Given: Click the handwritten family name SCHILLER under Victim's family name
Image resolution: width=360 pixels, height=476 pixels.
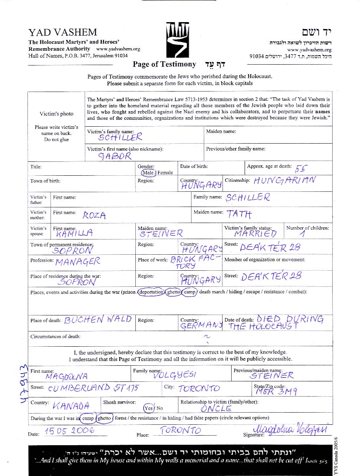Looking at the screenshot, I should (x=120, y=138).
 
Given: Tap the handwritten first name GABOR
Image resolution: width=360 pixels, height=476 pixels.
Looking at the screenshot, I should (x=115, y=157).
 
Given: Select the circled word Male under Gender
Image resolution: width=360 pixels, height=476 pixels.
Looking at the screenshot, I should (x=148, y=172).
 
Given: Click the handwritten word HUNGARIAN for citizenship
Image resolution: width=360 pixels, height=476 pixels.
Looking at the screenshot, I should (x=285, y=180).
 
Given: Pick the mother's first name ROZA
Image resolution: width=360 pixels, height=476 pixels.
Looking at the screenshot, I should (x=94, y=215).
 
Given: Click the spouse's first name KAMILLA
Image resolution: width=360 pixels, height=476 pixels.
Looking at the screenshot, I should (x=74, y=233).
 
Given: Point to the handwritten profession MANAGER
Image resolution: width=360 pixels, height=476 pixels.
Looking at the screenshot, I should (x=78, y=261).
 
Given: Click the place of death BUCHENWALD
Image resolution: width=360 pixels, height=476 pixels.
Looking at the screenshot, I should (x=98, y=320).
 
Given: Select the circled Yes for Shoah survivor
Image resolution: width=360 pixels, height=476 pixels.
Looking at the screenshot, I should (x=149, y=408).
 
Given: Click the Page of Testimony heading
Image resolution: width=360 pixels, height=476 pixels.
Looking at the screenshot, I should (x=164, y=64).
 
